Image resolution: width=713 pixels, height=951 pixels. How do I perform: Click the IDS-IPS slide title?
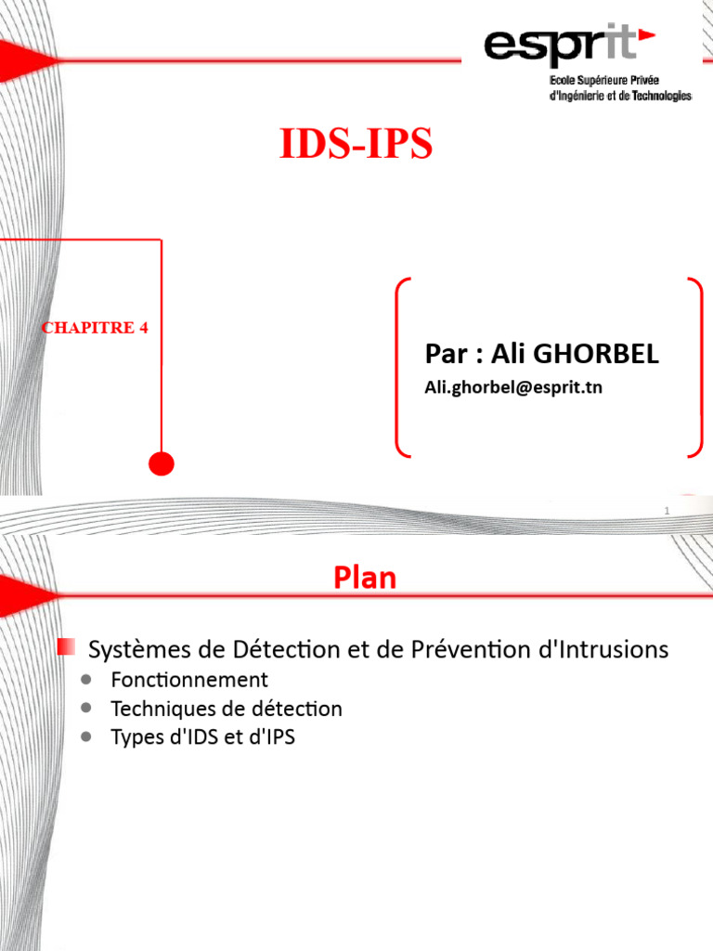356,146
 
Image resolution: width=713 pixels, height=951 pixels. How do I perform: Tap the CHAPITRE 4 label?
96,328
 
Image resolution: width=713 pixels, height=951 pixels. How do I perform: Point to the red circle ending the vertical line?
162,462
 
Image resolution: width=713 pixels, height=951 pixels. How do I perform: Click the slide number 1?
667,513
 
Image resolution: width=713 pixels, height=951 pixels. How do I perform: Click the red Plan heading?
365,579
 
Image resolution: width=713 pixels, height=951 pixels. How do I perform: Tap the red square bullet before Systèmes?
67,645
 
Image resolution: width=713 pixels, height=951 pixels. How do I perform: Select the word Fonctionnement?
189,679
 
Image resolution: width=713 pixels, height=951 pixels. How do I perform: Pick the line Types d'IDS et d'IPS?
202,737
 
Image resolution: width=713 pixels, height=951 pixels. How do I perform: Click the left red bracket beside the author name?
400,366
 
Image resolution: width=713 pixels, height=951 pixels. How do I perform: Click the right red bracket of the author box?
696,366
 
